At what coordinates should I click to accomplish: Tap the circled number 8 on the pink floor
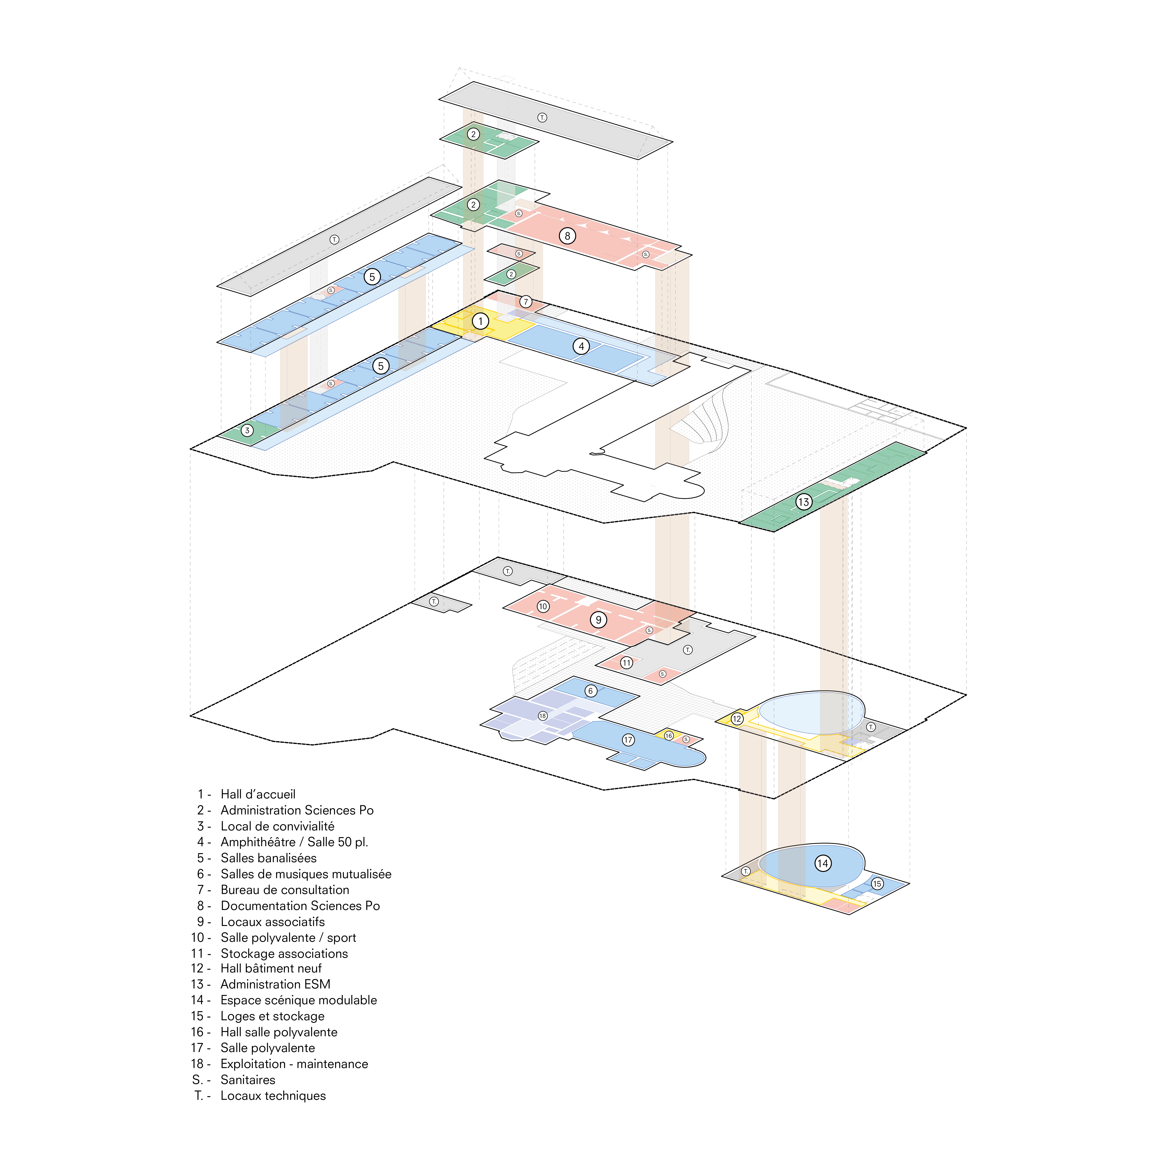pos(567,236)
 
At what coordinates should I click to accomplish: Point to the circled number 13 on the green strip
pos(803,502)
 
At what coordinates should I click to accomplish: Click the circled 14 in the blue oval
pos(823,863)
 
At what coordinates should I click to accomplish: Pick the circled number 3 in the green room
pos(247,430)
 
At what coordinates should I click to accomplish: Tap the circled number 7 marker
pos(525,301)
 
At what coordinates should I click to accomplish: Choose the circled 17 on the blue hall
pos(628,740)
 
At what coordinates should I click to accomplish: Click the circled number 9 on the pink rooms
pos(599,619)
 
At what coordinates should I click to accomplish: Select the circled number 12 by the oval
pos(737,718)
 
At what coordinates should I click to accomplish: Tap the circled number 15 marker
pos(877,884)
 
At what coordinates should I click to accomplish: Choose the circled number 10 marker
pos(542,606)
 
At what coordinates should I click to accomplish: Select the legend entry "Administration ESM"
pos(275,984)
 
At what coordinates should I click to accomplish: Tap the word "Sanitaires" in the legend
pos(248,1079)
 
